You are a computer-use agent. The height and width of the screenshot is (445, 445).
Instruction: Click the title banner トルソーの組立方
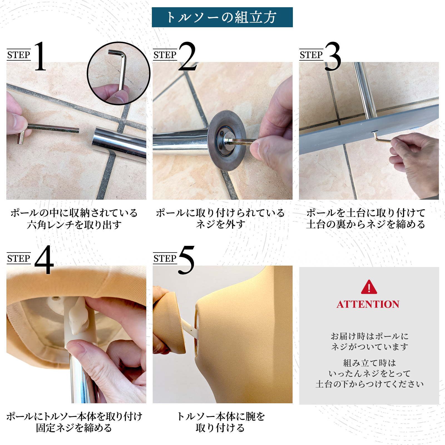(x=222, y=17)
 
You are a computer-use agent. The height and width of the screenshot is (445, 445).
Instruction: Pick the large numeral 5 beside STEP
(x=186, y=260)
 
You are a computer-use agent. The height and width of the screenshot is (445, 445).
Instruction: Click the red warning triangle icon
(x=369, y=287)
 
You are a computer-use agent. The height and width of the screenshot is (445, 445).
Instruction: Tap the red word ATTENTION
(x=368, y=304)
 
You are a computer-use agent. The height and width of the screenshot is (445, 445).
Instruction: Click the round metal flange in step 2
(x=227, y=140)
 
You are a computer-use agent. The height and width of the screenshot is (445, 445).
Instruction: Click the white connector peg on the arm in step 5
(x=190, y=328)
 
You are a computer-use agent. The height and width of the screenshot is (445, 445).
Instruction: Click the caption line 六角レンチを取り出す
(x=74, y=225)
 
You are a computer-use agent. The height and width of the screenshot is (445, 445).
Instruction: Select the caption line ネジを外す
(x=221, y=224)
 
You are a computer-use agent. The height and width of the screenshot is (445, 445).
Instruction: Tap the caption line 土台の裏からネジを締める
(x=365, y=224)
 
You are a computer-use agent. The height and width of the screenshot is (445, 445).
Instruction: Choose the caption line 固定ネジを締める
(x=74, y=428)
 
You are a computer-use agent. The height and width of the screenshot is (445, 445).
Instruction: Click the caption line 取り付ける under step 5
(x=220, y=428)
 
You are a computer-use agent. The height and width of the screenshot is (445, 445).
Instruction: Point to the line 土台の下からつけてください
(x=369, y=384)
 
